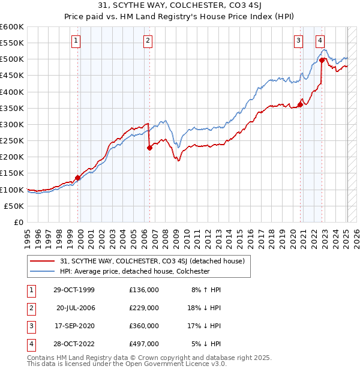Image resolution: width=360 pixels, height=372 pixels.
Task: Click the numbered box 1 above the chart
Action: click(77, 41)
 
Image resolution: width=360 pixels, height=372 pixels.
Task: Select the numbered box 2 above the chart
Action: click(148, 41)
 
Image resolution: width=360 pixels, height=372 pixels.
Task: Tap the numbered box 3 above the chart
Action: click(298, 41)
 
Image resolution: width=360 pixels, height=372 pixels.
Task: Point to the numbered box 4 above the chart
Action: click(321, 41)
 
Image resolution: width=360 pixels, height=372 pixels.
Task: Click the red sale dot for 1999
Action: click(78, 178)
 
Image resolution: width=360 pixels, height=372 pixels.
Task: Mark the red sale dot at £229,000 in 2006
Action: click(149, 148)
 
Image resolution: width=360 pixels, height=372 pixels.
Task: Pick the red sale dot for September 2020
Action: click(300, 105)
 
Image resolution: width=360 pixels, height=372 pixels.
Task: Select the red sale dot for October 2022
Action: click(322, 60)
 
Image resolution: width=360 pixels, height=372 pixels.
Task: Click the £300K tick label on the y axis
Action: click(12, 124)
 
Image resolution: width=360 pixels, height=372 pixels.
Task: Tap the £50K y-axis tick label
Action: click(14, 206)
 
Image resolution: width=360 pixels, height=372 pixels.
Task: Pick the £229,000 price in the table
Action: click(144, 308)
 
